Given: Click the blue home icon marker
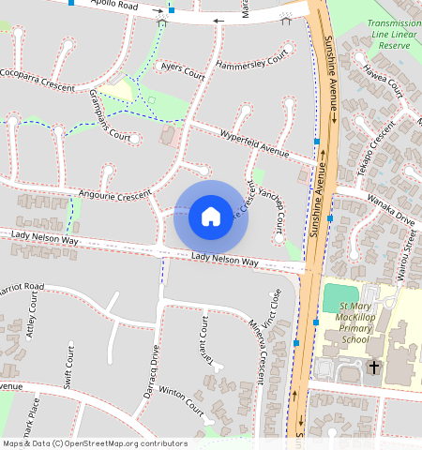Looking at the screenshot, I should tap(211, 217).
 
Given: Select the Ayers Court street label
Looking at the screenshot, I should tap(183, 70).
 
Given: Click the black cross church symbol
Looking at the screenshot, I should tap(374, 367).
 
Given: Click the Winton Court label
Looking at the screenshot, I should tap(181, 401).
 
